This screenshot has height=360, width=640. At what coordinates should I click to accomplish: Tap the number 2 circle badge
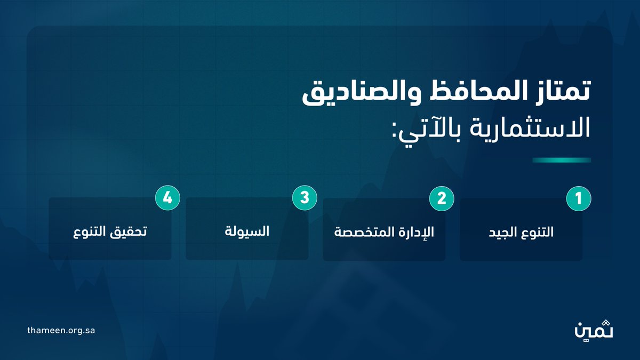click(442, 198)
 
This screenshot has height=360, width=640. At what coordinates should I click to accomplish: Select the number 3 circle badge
click(305, 198)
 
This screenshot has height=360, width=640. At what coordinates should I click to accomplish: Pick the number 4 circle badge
click(167, 198)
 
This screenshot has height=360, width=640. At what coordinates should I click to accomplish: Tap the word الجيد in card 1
click(503, 233)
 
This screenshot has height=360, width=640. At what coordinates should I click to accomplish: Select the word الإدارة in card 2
click(418, 233)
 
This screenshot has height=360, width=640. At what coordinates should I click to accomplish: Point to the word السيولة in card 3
click(247, 232)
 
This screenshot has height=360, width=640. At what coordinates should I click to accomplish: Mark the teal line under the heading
click(562, 160)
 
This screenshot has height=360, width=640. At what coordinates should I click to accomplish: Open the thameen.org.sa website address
click(61, 330)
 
